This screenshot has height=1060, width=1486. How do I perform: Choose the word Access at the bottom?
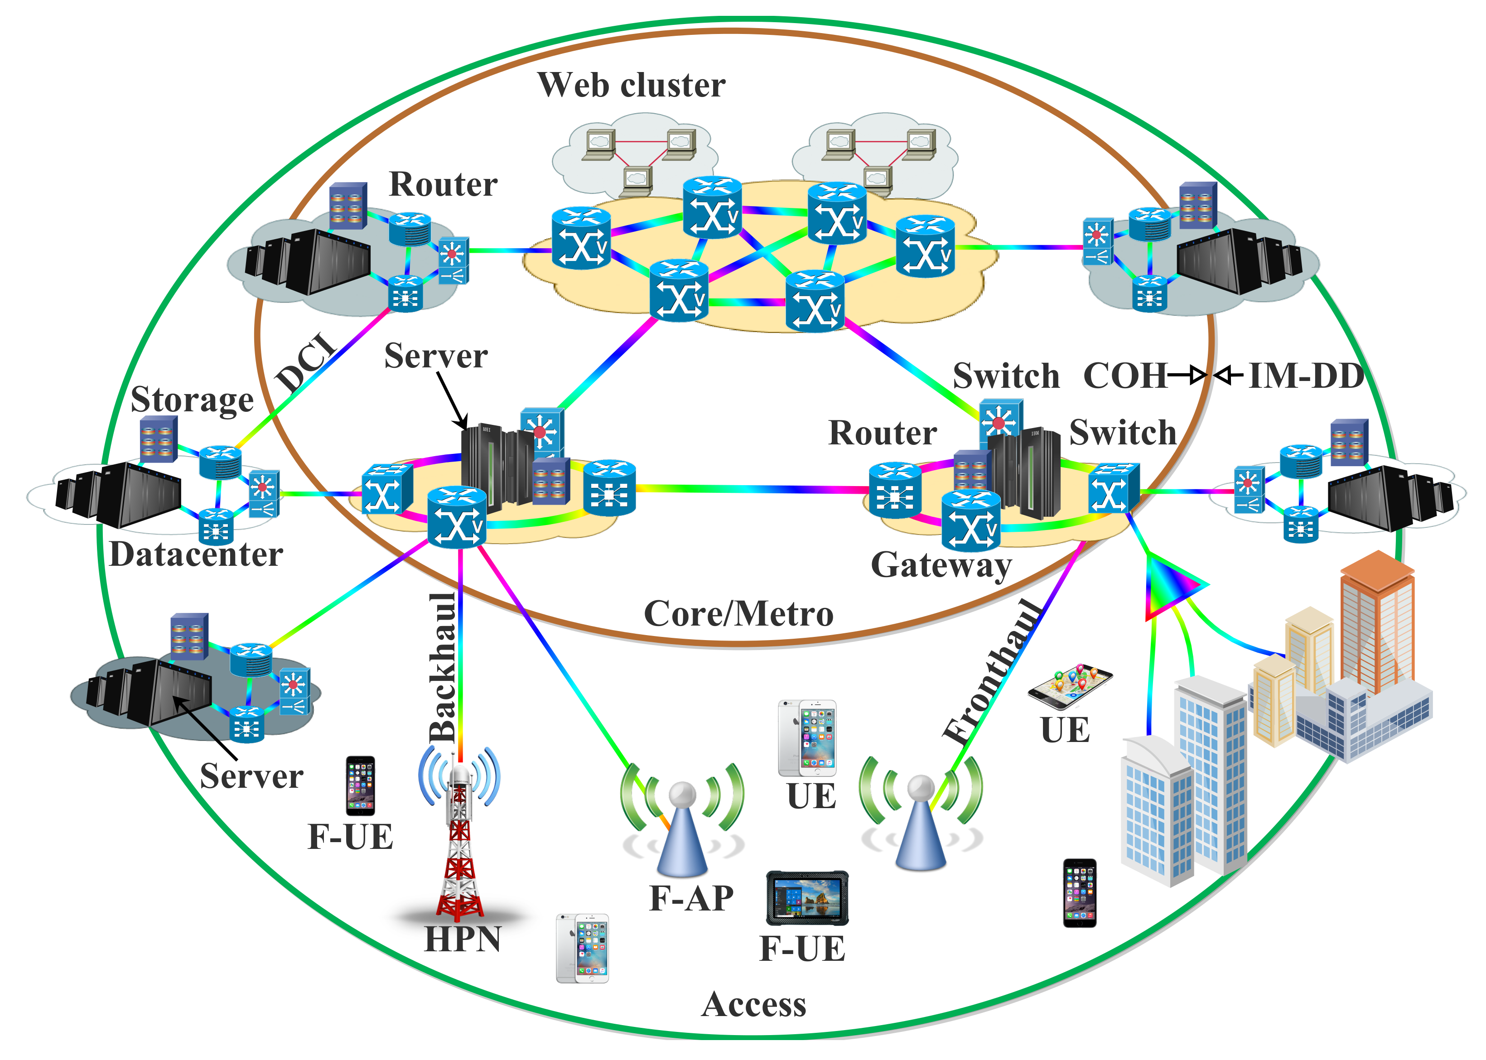[x=754, y=1005]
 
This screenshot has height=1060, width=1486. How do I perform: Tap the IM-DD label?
[x=1306, y=376]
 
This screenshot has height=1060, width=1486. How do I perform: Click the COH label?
[x=1124, y=376]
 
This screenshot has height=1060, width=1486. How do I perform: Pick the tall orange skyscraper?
[x=1377, y=620]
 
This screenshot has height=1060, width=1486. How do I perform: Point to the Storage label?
[x=192, y=400]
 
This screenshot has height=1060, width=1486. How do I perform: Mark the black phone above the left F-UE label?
[x=360, y=786]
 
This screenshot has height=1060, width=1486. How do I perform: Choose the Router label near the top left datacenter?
[x=443, y=185]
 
